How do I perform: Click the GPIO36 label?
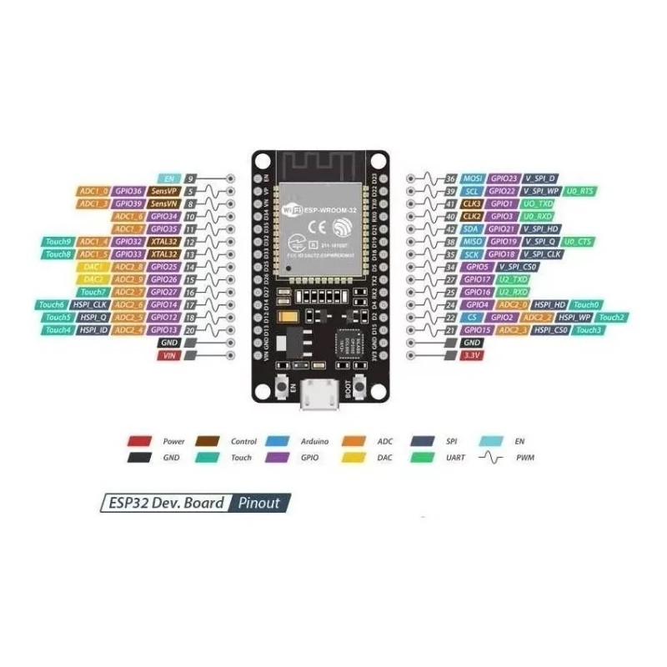point(129,191)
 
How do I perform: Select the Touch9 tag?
point(58,242)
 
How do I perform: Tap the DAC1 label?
point(93,267)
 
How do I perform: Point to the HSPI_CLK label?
point(89,305)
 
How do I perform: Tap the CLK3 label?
point(472,203)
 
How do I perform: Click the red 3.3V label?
point(472,355)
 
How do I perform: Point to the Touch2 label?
point(612,318)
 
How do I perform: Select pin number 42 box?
point(450,228)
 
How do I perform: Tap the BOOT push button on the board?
point(360,387)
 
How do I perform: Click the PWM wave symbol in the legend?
point(493,457)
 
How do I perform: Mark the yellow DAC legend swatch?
point(354,457)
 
